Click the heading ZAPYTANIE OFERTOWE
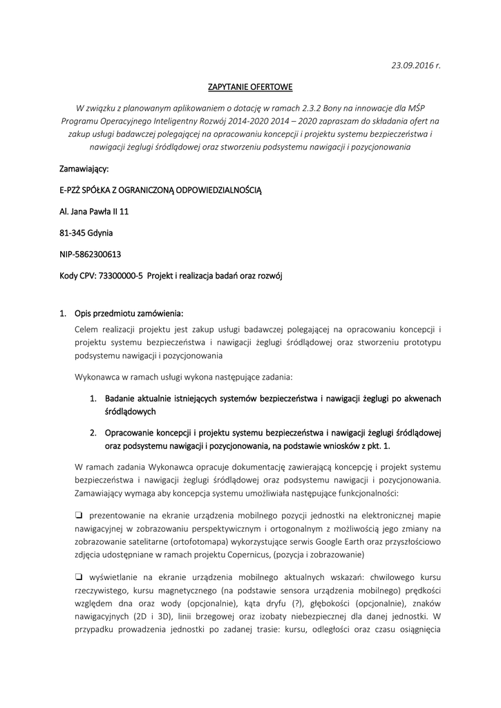coord(250,87)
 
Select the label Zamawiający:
coord(84,168)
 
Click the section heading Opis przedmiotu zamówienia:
coord(129,313)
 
